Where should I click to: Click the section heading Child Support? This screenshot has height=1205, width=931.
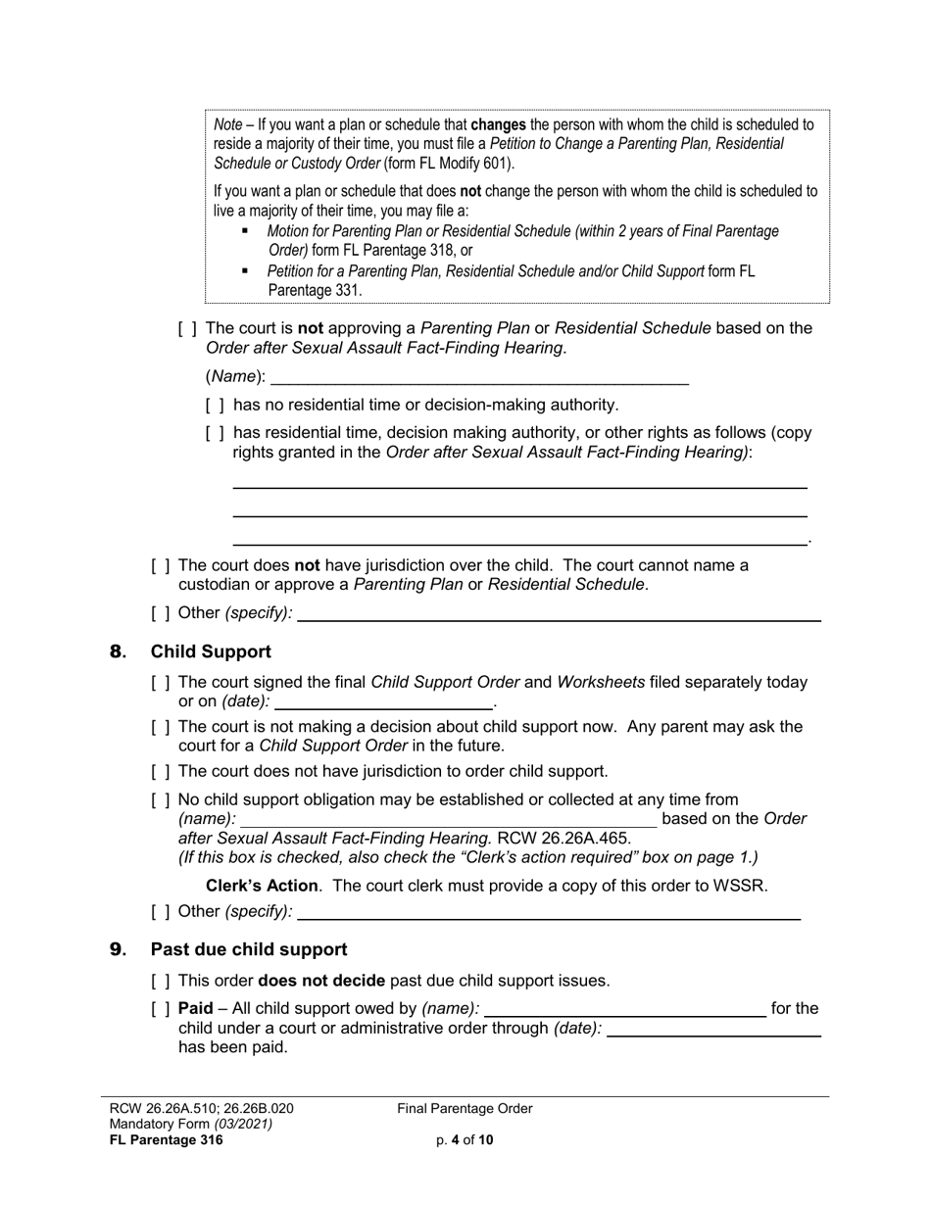[x=211, y=651]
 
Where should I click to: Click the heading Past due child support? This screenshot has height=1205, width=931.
[x=248, y=949]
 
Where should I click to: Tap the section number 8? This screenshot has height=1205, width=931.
[x=118, y=651]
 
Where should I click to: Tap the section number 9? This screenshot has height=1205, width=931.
[x=118, y=949]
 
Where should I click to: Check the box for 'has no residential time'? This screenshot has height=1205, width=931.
[x=215, y=405]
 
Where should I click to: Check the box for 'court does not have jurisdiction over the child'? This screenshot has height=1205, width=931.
[x=161, y=565]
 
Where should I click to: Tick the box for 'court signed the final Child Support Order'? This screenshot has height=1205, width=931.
[x=161, y=682]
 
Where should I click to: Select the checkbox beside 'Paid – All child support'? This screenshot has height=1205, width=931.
[x=161, y=1008]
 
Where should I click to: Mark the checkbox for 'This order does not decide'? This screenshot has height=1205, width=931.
[x=161, y=980]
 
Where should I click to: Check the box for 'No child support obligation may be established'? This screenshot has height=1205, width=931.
[x=161, y=799]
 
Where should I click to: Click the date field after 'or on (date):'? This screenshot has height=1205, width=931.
[x=384, y=701]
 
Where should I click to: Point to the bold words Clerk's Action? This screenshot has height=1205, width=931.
[x=262, y=886]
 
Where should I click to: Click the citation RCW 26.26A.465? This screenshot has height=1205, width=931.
[x=563, y=838]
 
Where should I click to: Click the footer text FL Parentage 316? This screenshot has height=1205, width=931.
[x=167, y=1139]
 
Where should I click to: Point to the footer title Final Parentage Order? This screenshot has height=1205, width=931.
[x=465, y=1108]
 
